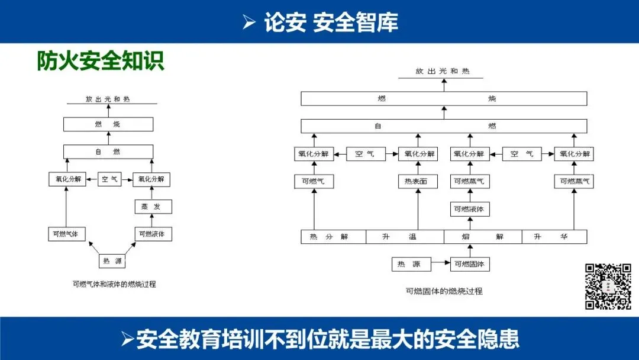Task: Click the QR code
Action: coord(608,287)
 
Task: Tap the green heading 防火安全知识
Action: coord(101,61)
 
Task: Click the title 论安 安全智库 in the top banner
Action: coord(331,22)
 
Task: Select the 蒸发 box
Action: coord(152,207)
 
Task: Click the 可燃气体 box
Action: coord(66,234)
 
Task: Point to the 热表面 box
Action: coord(418,181)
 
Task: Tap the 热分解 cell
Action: coord(333,237)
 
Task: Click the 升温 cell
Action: coord(405,237)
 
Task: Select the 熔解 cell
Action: coord(483,237)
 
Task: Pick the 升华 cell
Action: coord(554,237)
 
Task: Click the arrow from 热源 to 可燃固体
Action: coord(441,264)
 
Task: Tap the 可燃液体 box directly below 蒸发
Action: coord(152,234)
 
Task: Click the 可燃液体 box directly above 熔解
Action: coord(470,209)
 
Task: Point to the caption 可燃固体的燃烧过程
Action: coord(444,291)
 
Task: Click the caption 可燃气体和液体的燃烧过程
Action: coord(114,284)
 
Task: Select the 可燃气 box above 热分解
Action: coord(314,181)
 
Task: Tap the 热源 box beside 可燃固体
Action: coord(411,264)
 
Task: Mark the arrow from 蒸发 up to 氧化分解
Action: coord(152,193)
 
